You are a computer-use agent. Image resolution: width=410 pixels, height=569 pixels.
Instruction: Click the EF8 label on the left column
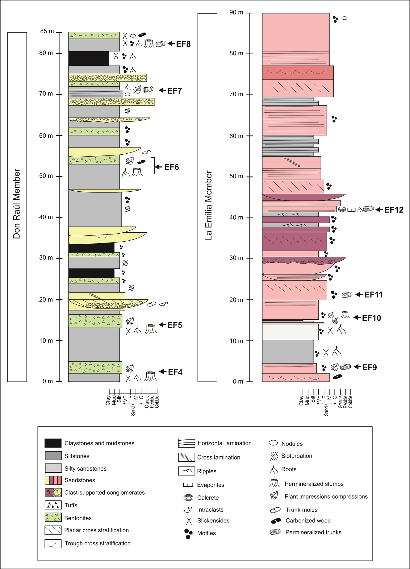coord(183,44)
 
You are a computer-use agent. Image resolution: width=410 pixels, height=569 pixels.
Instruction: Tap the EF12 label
coord(394,210)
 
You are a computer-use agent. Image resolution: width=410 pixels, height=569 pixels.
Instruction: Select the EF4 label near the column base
coord(175,372)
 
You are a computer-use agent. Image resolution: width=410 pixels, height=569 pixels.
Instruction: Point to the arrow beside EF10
coord(357,317)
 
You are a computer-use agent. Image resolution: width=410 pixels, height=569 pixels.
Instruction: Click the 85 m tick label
coord(47,31)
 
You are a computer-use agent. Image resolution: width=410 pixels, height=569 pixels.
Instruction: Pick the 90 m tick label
coord(236,13)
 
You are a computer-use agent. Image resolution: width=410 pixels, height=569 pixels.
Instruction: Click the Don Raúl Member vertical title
coord(17,204)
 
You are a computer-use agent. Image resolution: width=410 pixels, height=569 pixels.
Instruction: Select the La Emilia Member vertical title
coord(209,205)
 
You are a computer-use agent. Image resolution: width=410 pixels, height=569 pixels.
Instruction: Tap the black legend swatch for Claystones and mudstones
coord(53,443)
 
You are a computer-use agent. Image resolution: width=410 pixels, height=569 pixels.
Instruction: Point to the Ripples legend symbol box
coord(186,471)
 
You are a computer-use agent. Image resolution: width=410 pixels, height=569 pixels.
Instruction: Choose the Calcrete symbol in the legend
coord(188,497)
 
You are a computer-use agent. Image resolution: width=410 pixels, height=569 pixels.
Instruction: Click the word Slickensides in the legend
coord(213,521)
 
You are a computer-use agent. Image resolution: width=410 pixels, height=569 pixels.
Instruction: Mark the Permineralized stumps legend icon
coord(274,483)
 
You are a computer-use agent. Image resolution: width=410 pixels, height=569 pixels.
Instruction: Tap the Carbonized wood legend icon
coord(276,521)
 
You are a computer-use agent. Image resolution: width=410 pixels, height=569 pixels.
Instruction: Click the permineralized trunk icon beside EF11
coord(347,295)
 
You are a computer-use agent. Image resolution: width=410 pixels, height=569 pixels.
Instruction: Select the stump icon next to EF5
coord(151,329)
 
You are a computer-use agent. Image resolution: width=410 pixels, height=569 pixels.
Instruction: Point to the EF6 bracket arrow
coord(158,167)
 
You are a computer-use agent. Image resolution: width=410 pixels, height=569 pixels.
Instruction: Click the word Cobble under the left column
coord(157,402)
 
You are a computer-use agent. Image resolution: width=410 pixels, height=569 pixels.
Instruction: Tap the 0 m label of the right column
coord(238,382)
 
